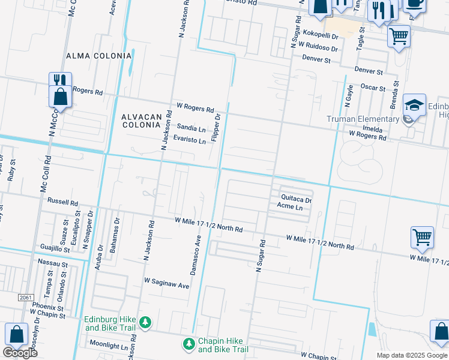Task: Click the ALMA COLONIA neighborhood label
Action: click(x=98, y=56)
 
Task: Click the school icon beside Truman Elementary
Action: click(x=414, y=105)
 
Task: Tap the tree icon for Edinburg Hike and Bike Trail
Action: click(x=145, y=323)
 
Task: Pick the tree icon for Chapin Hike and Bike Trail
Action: click(x=188, y=344)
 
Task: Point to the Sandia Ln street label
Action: click(x=191, y=128)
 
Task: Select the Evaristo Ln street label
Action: click(x=190, y=139)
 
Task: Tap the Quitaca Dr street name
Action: click(x=296, y=200)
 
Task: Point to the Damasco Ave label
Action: click(x=196, y=255)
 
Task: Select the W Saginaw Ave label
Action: click(x=166, y=283)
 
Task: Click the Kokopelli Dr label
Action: click(x=321, y=36)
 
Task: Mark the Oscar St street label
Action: click(x=372, y=88)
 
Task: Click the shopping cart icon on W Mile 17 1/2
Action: click(x=422, y=237)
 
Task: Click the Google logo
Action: click(x=20, y=352)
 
